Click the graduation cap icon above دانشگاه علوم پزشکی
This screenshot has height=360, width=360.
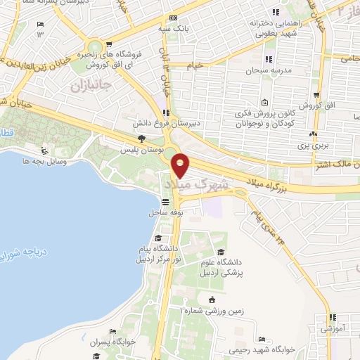click(221, 252)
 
